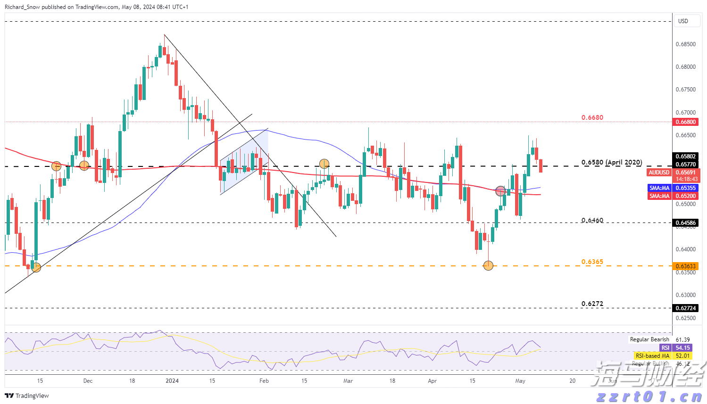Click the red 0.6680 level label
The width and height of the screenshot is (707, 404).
click(x=592, y=117)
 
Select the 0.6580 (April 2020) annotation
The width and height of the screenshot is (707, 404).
click(x=611, y=162)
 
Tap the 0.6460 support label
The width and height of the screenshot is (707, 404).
click(x=592, y=220)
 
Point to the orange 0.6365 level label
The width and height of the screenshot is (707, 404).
click(x=592, y=262)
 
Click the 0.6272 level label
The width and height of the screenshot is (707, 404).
click(x=592, y=304)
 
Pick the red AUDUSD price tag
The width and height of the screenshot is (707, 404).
click(x=658, y=173)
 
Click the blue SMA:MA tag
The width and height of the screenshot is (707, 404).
click(x=659, y=188)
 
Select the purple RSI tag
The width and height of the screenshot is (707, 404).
click(x=665, y=348)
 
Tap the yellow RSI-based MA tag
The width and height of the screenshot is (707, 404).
click(x=652, y=356)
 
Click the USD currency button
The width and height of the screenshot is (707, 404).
click(x=683, y=21)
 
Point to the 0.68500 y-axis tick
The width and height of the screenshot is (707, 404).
click(x=685, y=44)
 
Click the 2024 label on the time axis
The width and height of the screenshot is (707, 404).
click(x=172, y=381)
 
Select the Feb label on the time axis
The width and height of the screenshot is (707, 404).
click(x=264, y=381)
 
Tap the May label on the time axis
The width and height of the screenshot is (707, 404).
click(x=520, y=381)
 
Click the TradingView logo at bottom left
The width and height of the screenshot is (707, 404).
click(x=27, y=396)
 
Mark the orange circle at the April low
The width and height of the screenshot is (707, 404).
click(x=488, y=266)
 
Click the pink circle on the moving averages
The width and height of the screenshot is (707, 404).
click(x=500, y=191)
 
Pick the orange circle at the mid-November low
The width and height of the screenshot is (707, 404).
click(x=36, y=267)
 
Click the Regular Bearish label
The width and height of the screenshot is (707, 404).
click(x=649, y=339)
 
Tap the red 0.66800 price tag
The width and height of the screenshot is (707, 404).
click(x=685, y=122)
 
